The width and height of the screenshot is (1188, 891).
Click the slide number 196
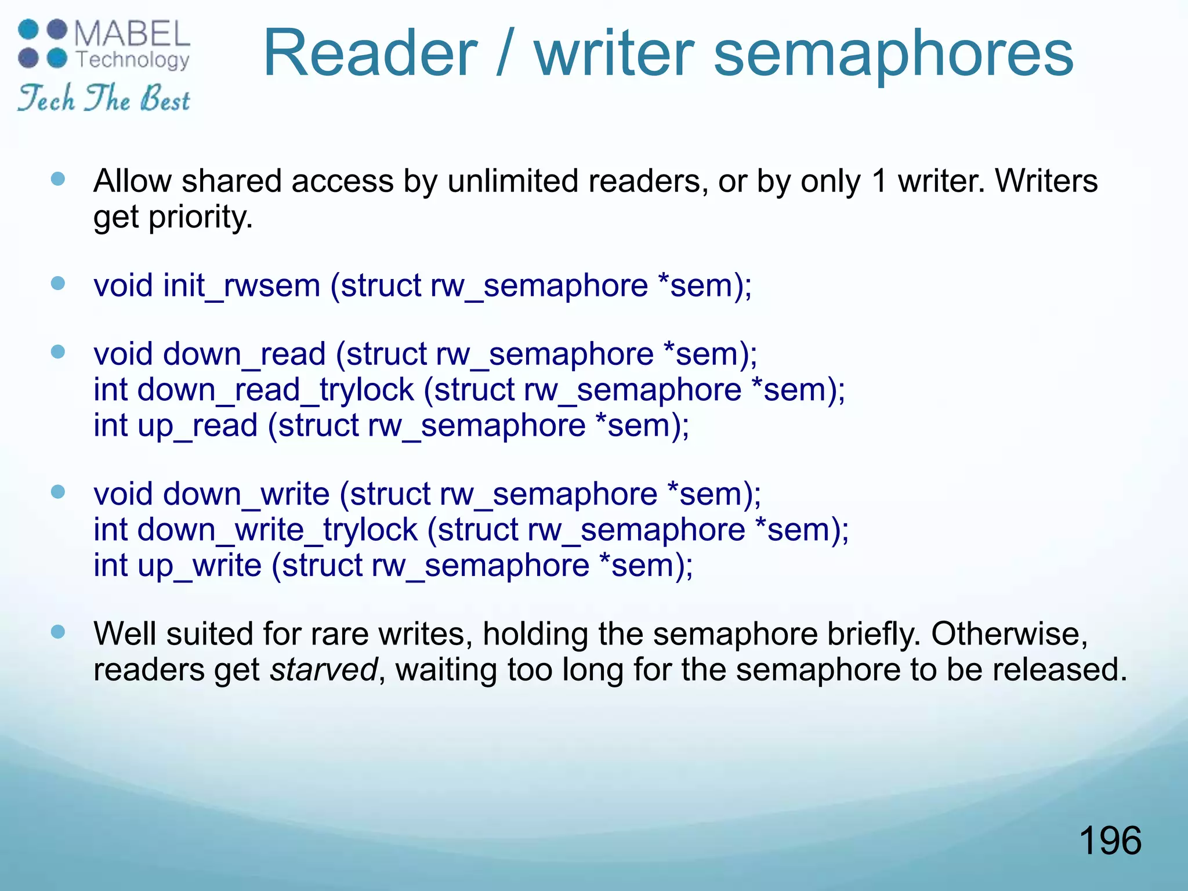[1110, 841]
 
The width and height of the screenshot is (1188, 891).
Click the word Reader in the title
[370, 53]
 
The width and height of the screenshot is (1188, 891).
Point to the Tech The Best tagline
[104, 98]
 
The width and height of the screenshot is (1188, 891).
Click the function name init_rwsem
[241, 286]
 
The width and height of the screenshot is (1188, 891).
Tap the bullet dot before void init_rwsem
[58, 284]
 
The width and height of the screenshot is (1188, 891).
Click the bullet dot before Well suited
[58, 632]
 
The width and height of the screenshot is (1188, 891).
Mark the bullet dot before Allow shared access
[58, 179]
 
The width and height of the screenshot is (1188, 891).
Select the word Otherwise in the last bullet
[1009, 634]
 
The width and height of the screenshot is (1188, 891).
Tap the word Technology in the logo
[133, 60]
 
